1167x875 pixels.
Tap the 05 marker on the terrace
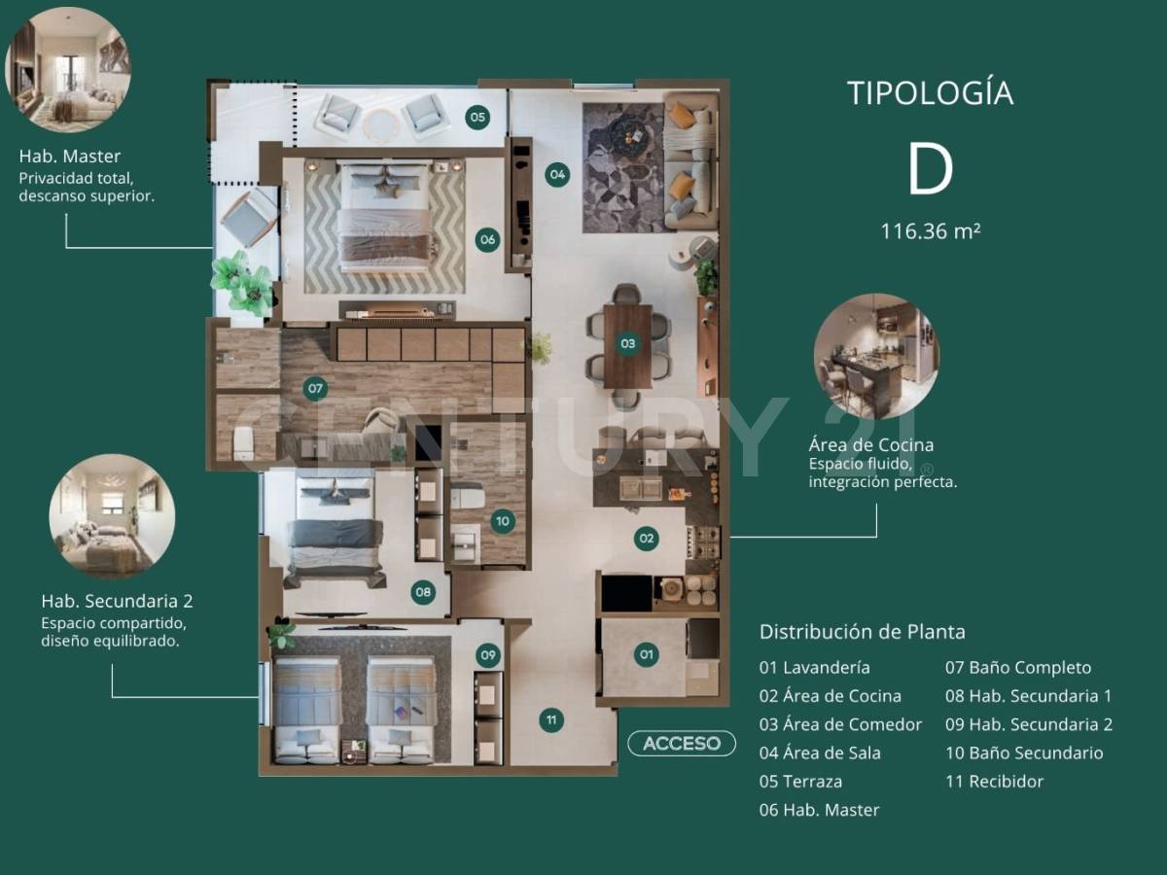(x=477, y=118)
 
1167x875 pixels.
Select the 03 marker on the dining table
(x=628, y=343)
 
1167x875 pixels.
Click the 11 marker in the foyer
(x=551, y=720)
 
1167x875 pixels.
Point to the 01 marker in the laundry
(x=647, y=654)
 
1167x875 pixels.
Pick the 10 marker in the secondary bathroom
(x=502, y=521)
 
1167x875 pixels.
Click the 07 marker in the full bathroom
(x=315, y=389)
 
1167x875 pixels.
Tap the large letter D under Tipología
(x=930, y=170)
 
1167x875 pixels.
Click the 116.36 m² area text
(x=930, y=231)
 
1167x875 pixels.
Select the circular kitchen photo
(x=876, y=356)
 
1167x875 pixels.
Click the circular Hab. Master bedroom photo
(x=67, y=69)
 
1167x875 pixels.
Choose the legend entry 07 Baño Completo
(x=1017, y=668)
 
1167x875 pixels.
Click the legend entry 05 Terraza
(x=800, y=781)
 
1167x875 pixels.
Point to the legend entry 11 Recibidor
(x=994, y=781)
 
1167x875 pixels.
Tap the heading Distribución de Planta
(x=862, y=632)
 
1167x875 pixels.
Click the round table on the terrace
(x=380, y=123)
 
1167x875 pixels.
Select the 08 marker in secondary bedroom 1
(x=422, y=591)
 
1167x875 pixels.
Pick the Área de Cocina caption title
(x=870, y=445)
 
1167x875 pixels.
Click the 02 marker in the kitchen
(x=646, y=538)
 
